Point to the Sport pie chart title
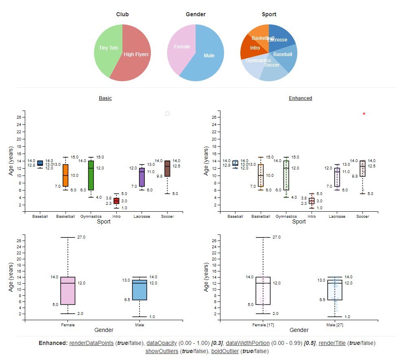269,14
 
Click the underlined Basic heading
105,98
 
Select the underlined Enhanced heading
301,98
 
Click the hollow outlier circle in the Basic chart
167,114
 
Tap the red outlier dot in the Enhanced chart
364,114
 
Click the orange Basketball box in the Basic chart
65,176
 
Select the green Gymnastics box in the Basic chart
91,176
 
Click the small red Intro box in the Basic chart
116,201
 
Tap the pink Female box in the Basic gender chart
68,291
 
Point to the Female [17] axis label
263,325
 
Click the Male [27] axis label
335,325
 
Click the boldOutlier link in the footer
226,351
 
